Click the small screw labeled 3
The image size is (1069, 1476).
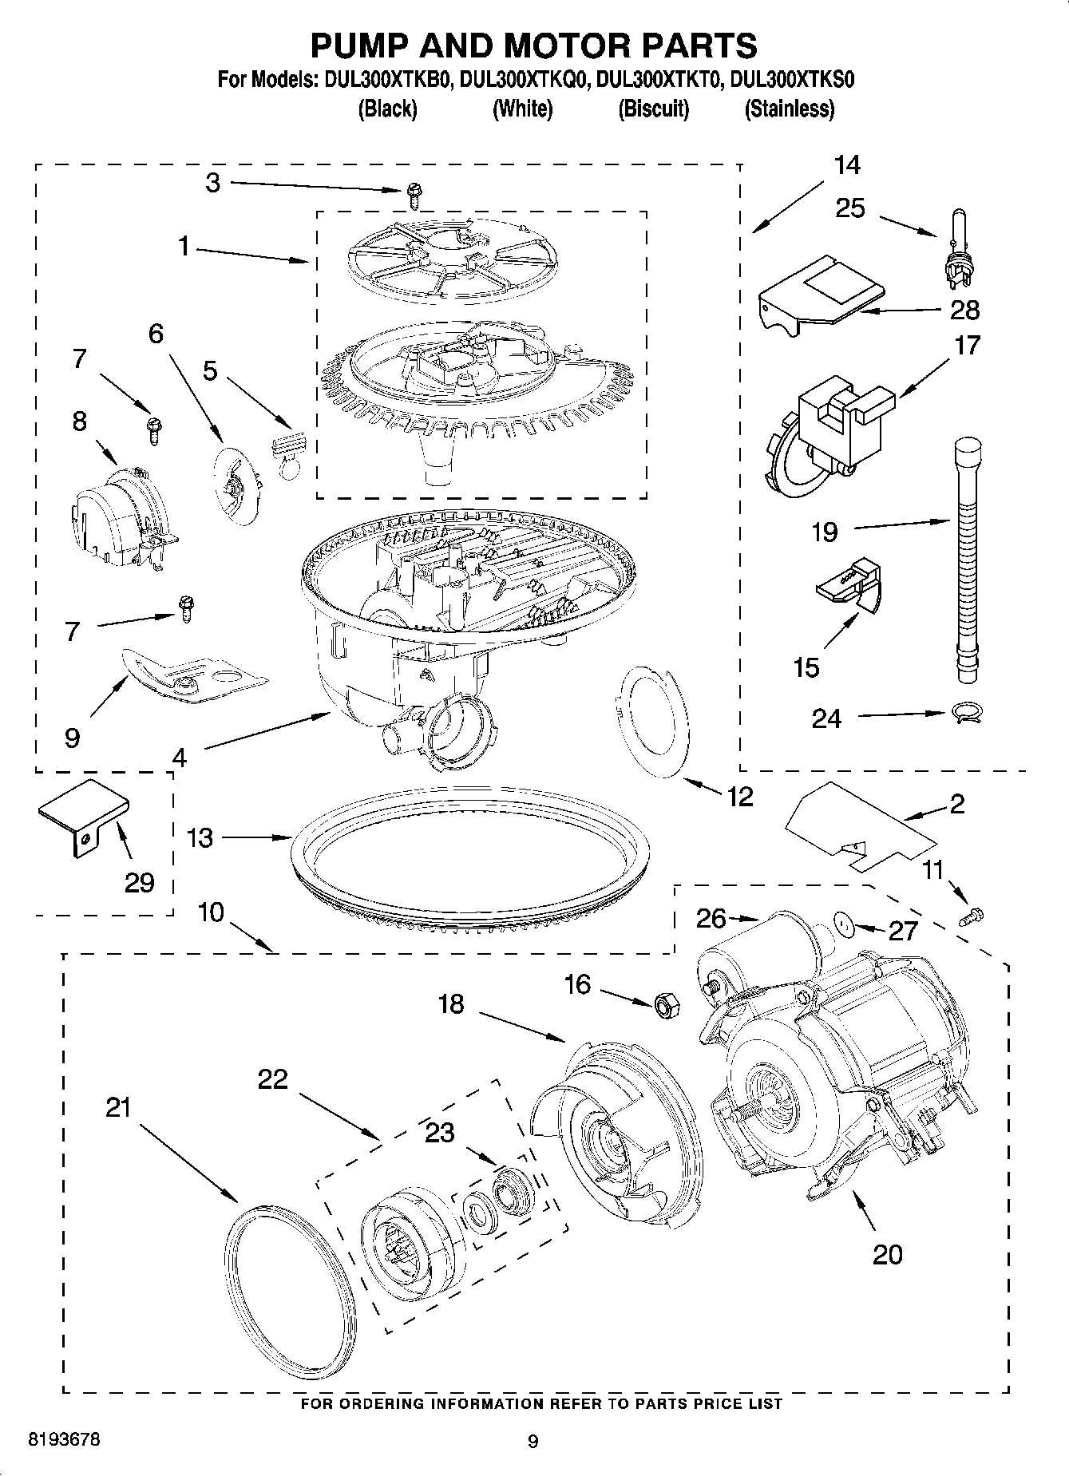click(414, 190)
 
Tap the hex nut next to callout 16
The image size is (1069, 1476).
click(666, 1004)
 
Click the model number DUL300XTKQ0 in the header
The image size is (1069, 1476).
click(523, 80)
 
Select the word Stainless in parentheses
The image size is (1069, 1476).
click(789, 109)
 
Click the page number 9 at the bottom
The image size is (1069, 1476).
click(533, 1441)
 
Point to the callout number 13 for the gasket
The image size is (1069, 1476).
click(200, 837)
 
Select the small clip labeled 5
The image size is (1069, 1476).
click(287, 450)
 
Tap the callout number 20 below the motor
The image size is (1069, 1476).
click(887, 1254)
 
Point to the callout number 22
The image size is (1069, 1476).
click(272, 1079)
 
